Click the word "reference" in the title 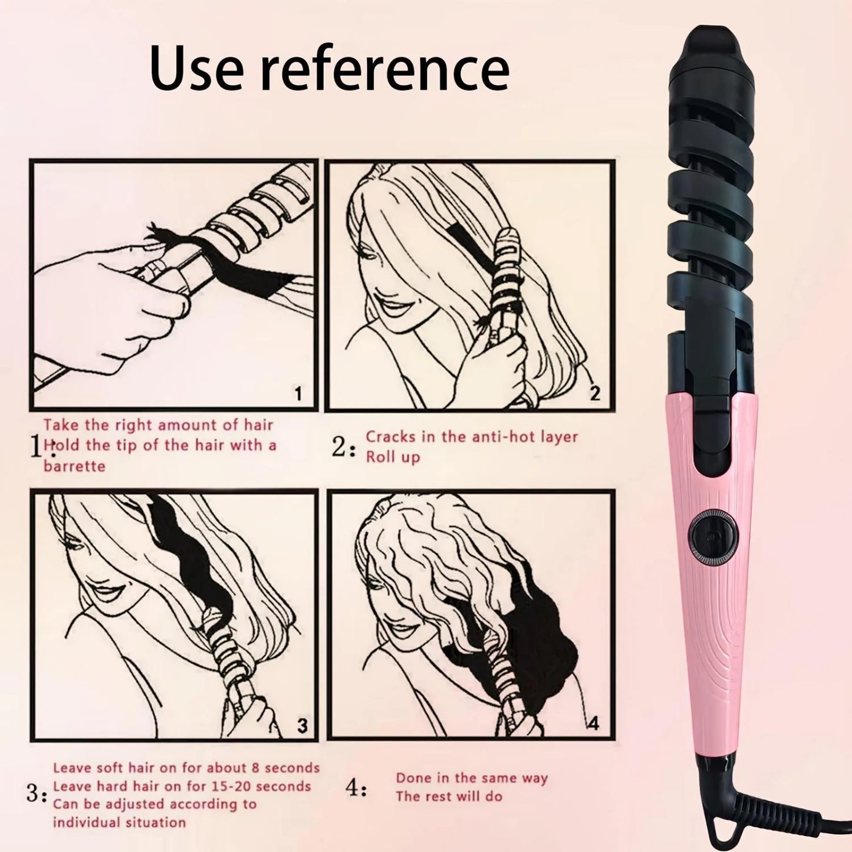coord(386,70)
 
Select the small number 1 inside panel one coord(298,393)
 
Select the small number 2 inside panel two coord(595,393)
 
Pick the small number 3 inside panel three coord(301,725)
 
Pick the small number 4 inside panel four coord(593,723)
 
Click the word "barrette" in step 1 coord(74,466)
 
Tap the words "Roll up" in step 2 coord(393,458)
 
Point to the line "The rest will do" coord(449,797)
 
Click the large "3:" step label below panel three coord(37,794)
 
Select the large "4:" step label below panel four coord(356,788)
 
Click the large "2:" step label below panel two coord(344,448)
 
